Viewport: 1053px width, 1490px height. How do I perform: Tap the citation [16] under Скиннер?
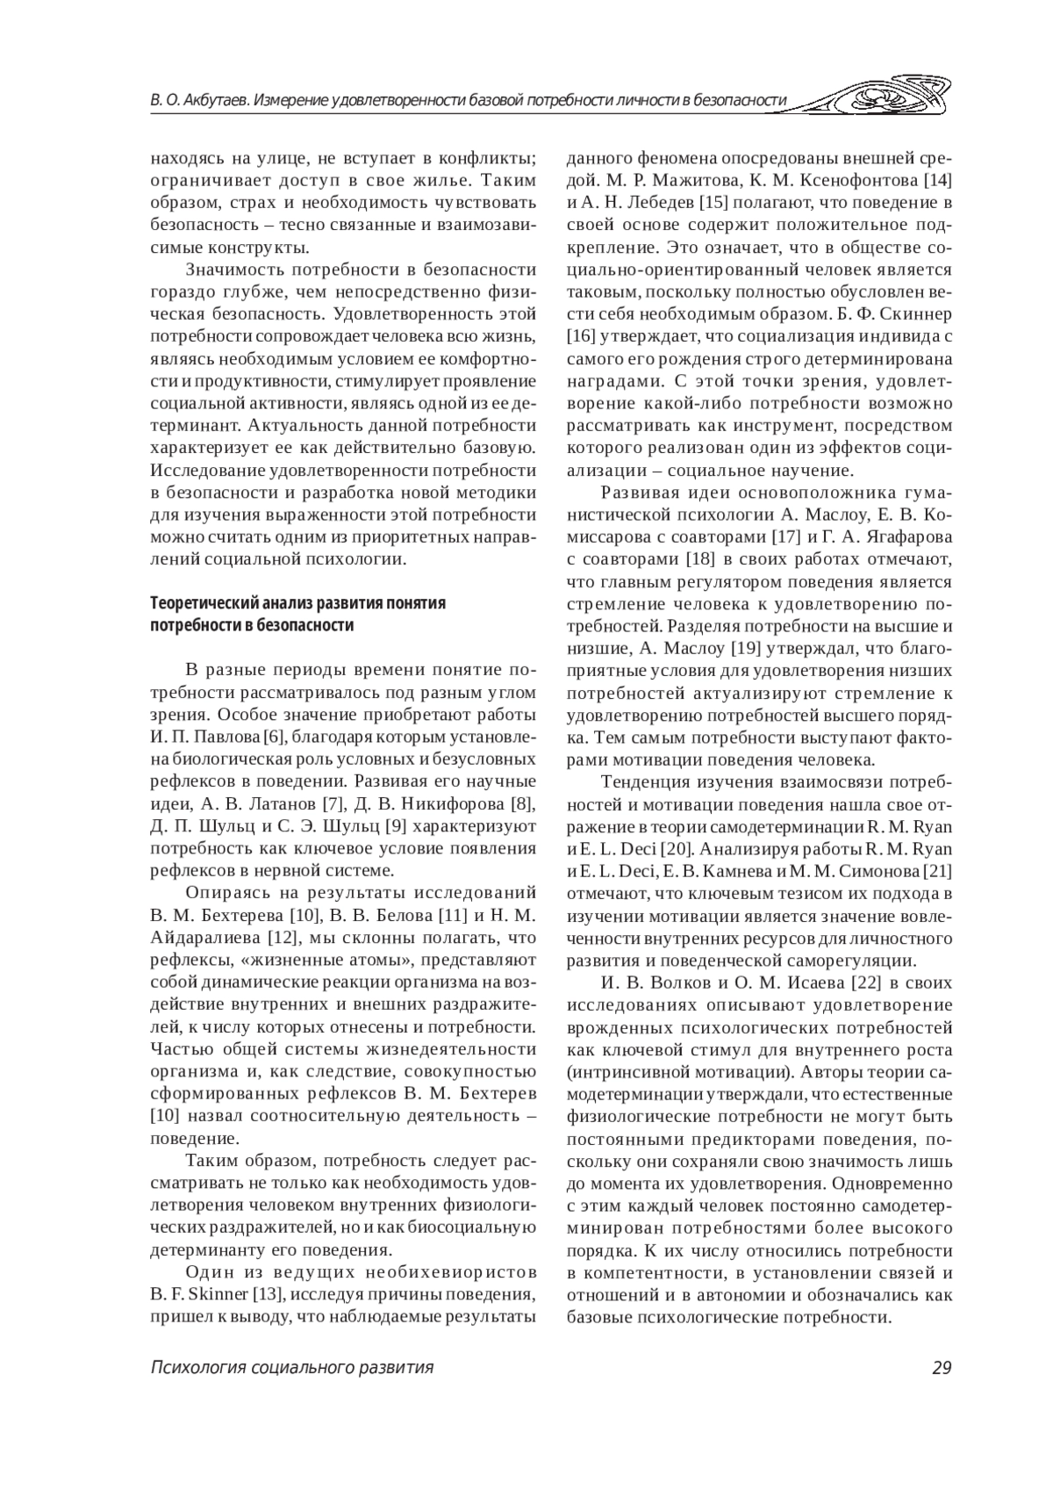coord(581,336)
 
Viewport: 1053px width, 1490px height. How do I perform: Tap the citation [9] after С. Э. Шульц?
coord(396,825)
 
